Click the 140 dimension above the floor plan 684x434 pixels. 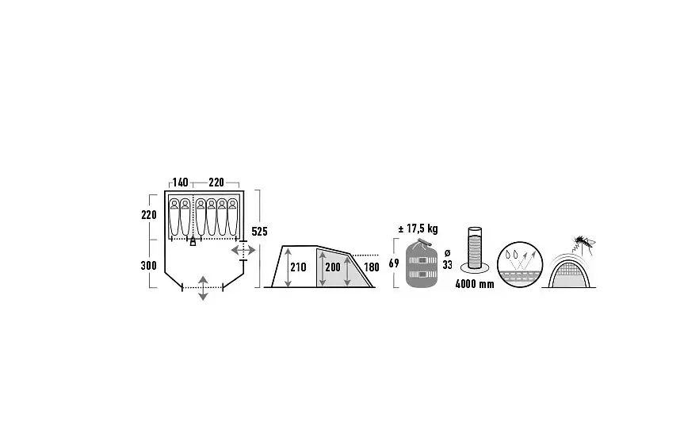coord(180,182)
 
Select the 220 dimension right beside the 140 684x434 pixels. coord(216,182)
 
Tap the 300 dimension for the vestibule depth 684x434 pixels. coord(149,265)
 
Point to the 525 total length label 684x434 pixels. coord(259,232)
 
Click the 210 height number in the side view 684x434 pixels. coord(298,267)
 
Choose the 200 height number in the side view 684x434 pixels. coord(333,267)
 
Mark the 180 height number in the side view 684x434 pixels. coord(372,267)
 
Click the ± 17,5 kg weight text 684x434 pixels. coord(418,229)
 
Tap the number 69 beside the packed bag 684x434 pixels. coord(394,263)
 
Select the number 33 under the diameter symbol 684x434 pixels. coord(447,264)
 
